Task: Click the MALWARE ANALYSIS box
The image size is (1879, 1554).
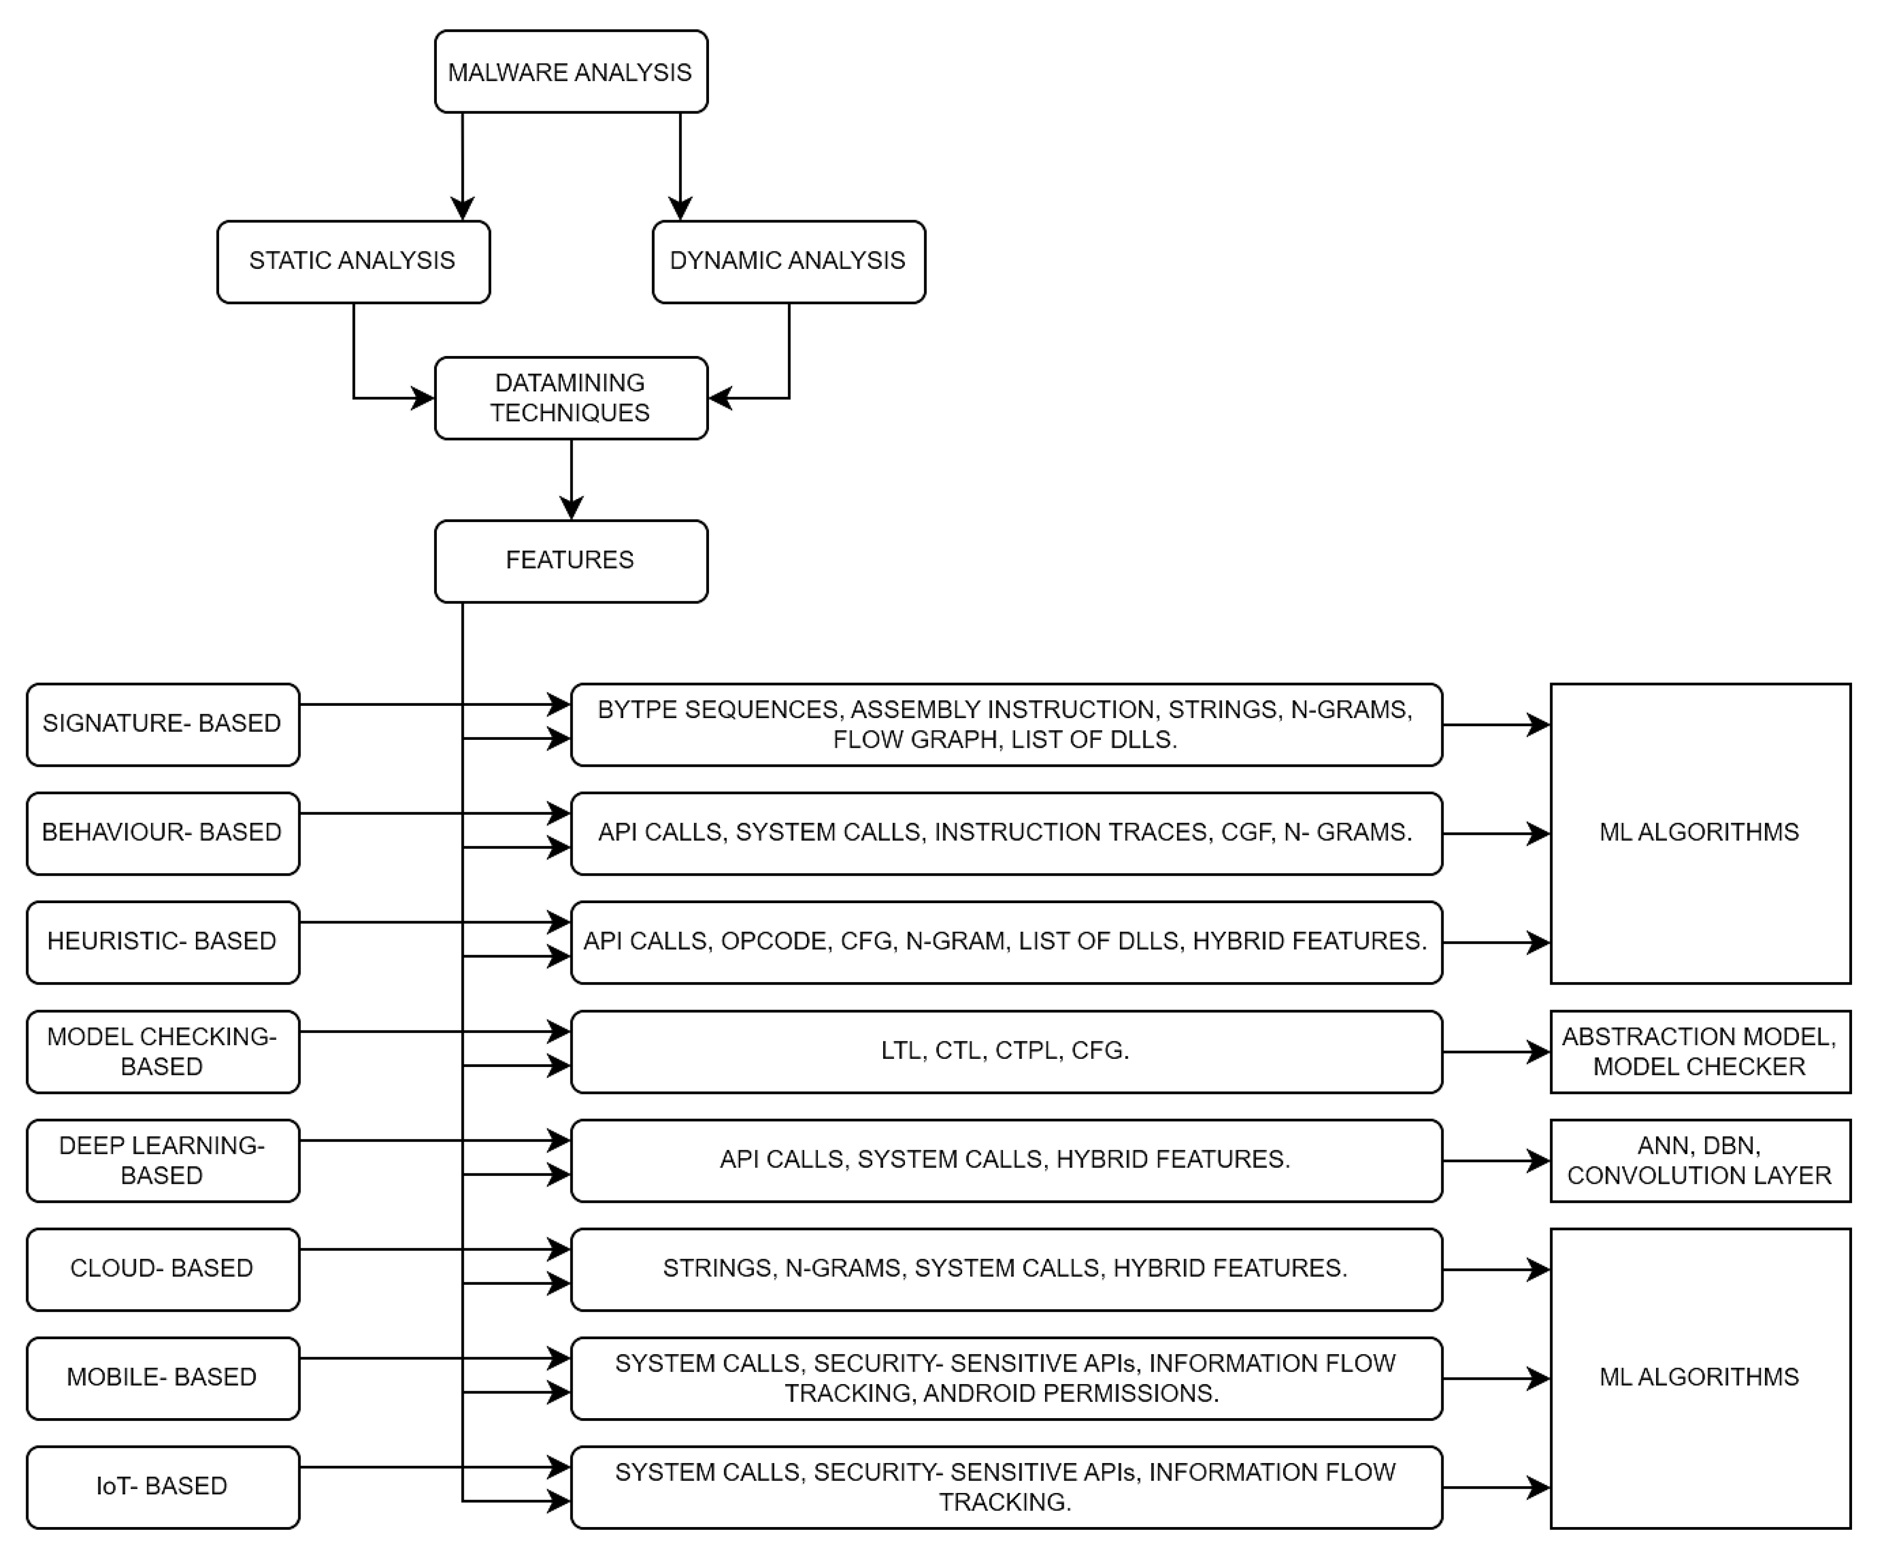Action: tap(571, 71)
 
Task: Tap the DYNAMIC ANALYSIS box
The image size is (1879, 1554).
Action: tap(789, 261)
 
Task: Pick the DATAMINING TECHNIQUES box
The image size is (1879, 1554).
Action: tap(571, 398)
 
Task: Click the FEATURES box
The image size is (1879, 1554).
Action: tap(571, 561)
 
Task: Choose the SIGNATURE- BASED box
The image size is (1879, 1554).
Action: tap(162, 724)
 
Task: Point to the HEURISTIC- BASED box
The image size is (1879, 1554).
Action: tap(162, 942)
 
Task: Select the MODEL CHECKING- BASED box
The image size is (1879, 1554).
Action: tap(162, 1051)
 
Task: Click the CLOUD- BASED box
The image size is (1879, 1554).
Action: tap(162, 1269)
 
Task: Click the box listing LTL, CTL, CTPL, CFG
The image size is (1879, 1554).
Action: tap(1006, 1051)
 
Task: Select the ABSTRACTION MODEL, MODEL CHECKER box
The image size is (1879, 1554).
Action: tap(1699, 1051)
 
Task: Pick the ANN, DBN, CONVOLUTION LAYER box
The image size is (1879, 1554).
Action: tap(1699, 1160)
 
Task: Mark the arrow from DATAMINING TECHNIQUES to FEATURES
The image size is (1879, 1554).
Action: tap(571, 479)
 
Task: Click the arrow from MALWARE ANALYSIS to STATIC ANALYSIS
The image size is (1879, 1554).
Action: tap(461, 166)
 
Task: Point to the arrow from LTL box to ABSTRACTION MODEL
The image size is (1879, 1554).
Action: tap(1496, 1052)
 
